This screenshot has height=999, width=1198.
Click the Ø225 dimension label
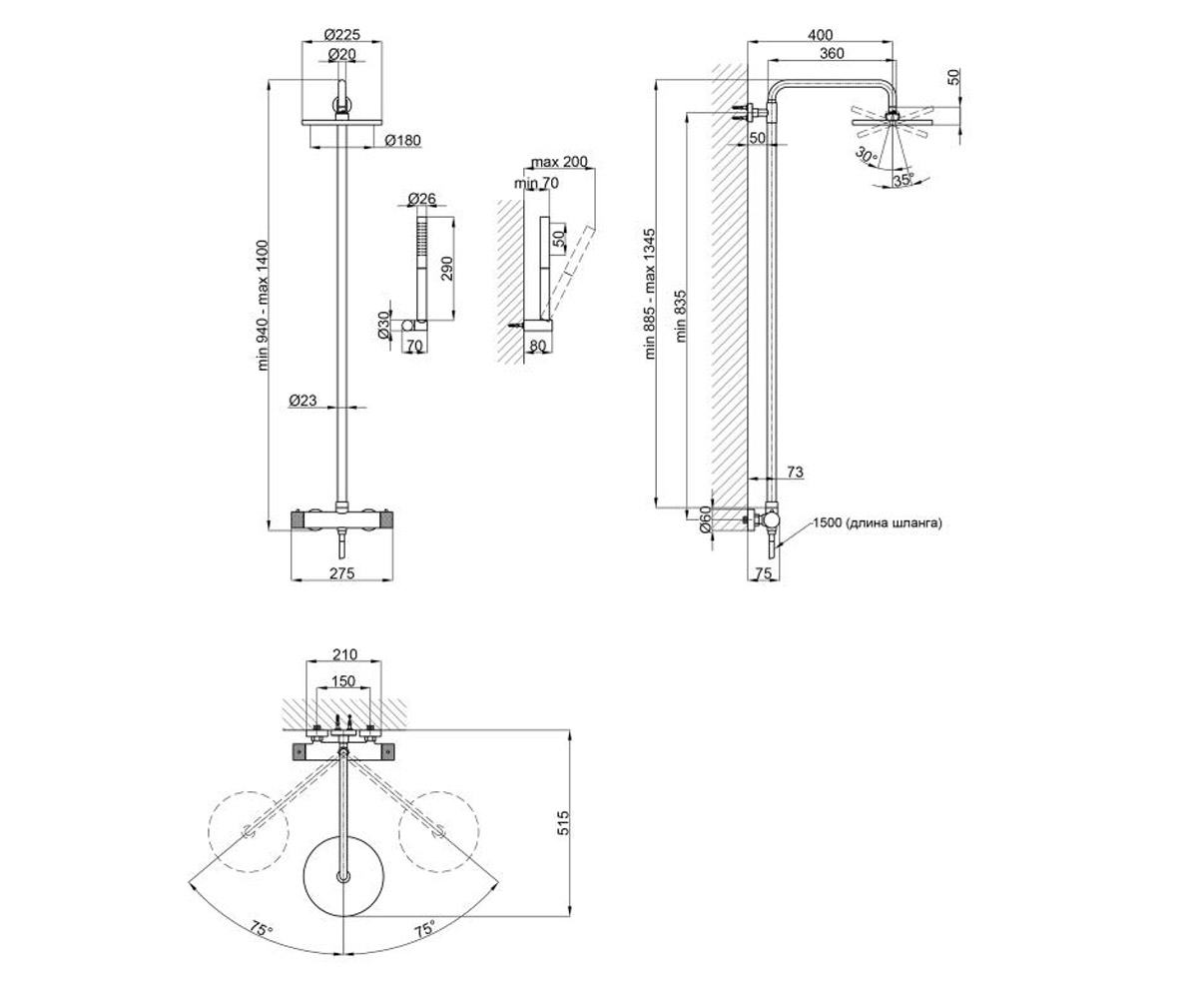pos(342,34)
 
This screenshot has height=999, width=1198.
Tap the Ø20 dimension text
pos(342,55)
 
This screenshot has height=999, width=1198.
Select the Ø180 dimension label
pos(402,140)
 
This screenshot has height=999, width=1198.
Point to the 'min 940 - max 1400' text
pos(263,306)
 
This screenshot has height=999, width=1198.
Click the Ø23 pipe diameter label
pos(302,401)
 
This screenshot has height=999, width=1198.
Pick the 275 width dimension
pos(342,573)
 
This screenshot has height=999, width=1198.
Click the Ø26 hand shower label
pos(421,199)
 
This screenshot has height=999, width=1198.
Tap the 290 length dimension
pos(447,269)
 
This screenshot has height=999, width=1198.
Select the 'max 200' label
pos(559,162)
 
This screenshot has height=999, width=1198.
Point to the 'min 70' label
pos(536,183)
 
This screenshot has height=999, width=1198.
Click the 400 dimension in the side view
pos(821,35)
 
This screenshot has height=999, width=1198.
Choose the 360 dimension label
pos(832,53)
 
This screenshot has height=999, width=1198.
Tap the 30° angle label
pos(867,155)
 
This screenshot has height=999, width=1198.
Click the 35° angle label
pos(903,180)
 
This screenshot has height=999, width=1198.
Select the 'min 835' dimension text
pos(681,317)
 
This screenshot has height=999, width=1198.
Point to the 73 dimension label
pos(795,472)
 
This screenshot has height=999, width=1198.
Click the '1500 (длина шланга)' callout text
pos(878,523)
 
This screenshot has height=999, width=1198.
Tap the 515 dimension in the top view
pos(563,823)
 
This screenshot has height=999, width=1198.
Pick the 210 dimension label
pos(344,654)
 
